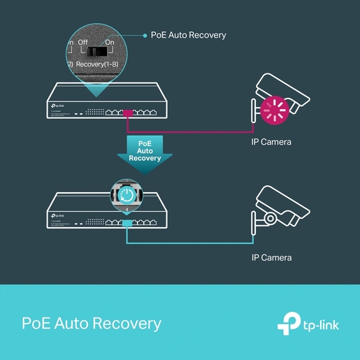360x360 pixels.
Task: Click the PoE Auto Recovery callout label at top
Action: [189, 35]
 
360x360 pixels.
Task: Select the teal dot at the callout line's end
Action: [144, 35]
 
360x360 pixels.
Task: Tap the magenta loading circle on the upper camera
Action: [274, 110]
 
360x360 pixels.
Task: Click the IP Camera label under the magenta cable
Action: [271, 143]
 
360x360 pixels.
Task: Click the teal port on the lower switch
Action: [127, 223]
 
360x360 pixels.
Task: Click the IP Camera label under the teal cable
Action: [271, 258]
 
